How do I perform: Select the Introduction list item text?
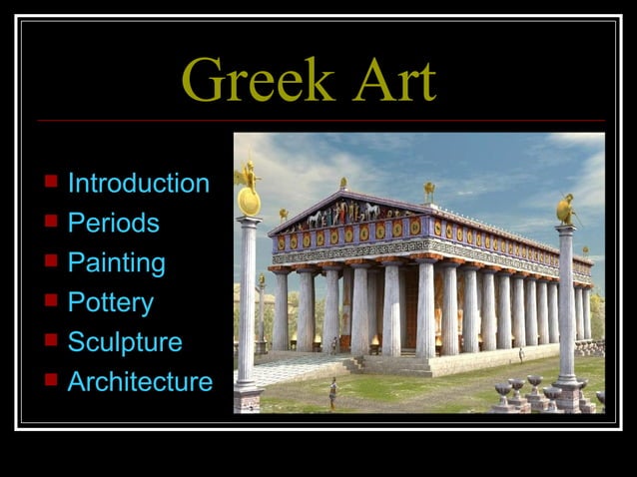(138, 184)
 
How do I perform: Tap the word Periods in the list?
(113, 223)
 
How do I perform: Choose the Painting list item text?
(116, 263)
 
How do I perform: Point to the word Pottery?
(110, 302)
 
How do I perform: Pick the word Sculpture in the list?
(125, 342)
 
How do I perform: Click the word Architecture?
(140, 381)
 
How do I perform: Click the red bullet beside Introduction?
(51, 183)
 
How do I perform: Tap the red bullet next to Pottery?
(51, 301)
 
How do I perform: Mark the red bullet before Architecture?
(51, 380)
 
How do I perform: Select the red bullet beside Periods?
(51, 222)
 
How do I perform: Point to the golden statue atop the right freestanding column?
(567, 209)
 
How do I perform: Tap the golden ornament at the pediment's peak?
(342, 184)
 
